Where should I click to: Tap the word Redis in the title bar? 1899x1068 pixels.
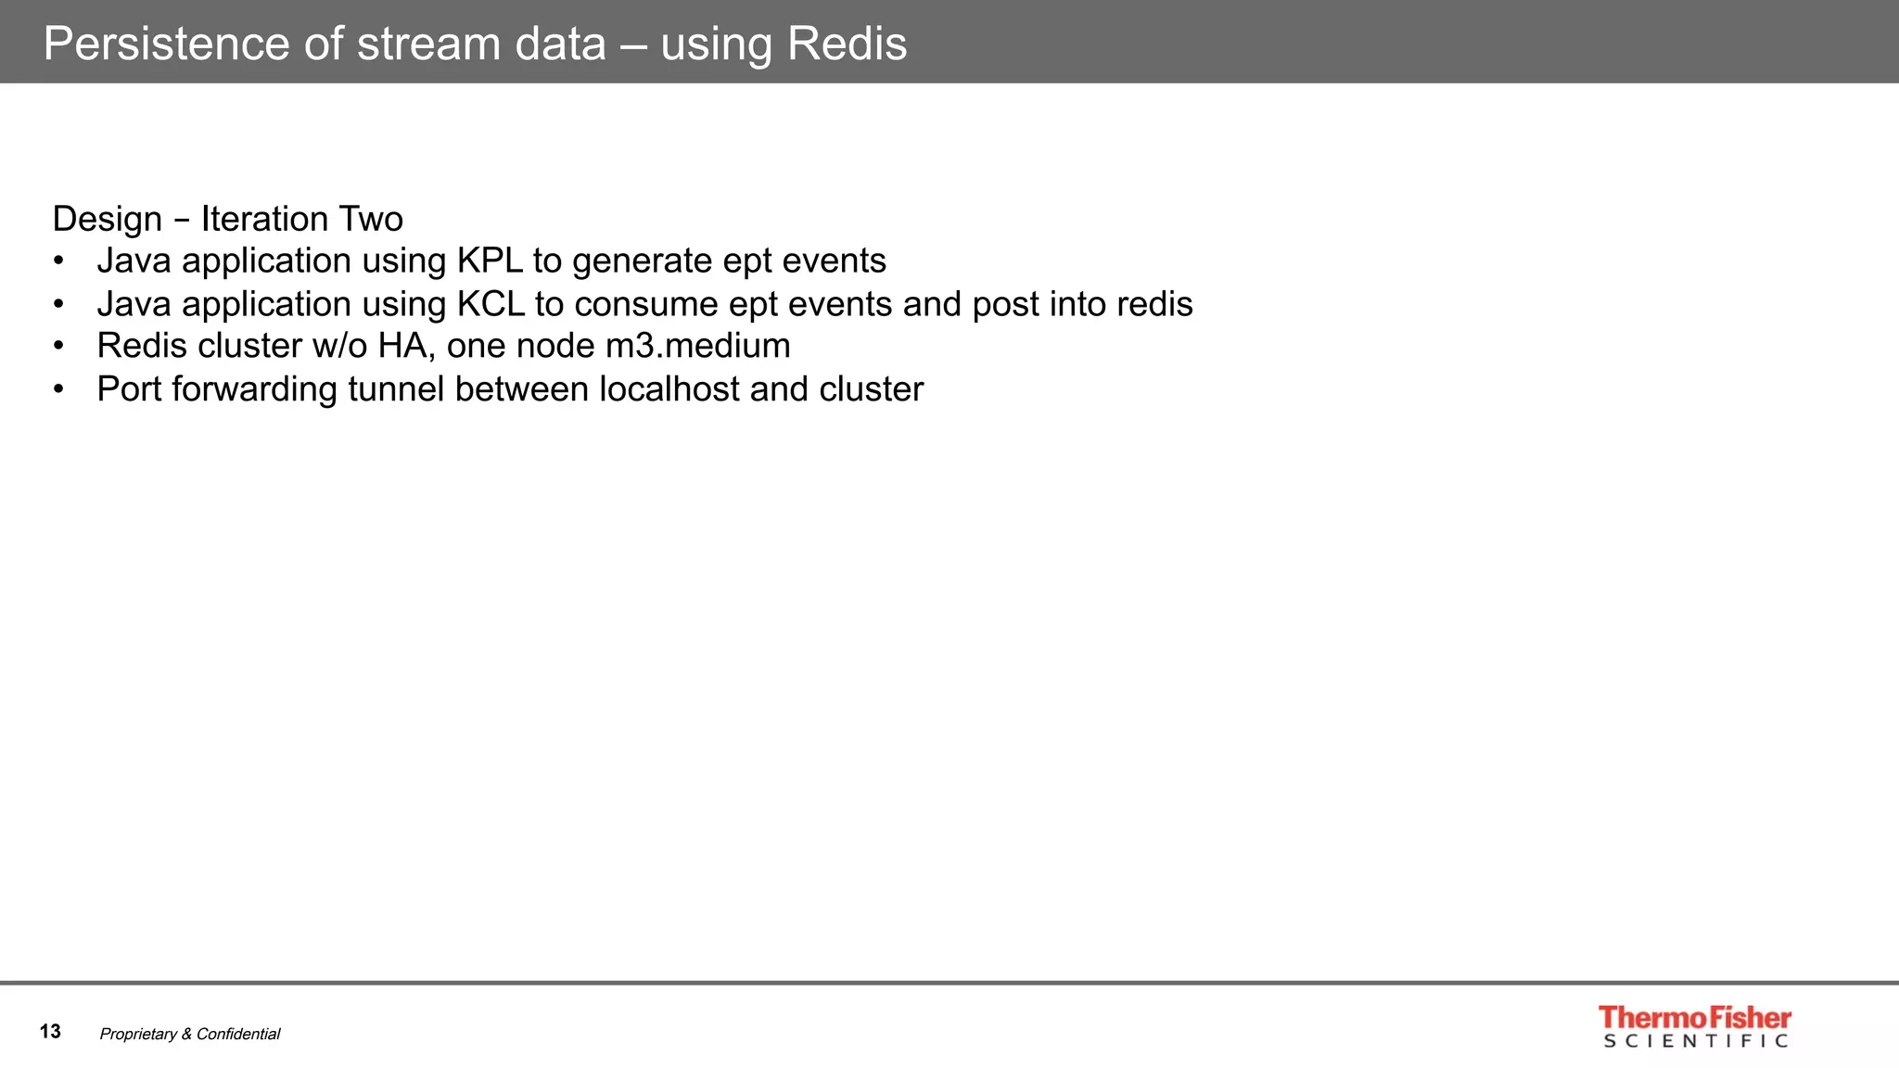848,44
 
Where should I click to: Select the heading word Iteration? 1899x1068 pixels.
264,219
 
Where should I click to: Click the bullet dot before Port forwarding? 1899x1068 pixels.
59,389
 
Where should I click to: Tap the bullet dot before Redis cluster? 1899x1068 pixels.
59,347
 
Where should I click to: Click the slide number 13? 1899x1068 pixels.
50,1031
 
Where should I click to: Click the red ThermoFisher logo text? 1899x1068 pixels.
1694,1017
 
